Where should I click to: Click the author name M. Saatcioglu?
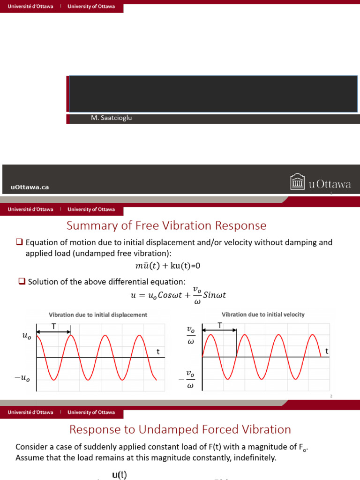112,118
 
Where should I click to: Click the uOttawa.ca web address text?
30,187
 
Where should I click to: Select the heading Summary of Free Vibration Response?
166,226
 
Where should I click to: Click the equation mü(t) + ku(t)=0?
167,266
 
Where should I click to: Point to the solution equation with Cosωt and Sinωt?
178,296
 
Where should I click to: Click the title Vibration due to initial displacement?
98,315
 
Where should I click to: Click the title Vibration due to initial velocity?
263,315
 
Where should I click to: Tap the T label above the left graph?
53,326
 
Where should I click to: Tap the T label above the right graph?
219,325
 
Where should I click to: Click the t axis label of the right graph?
327,351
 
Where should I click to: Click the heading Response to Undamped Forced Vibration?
180,429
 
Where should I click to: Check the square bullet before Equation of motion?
19,242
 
